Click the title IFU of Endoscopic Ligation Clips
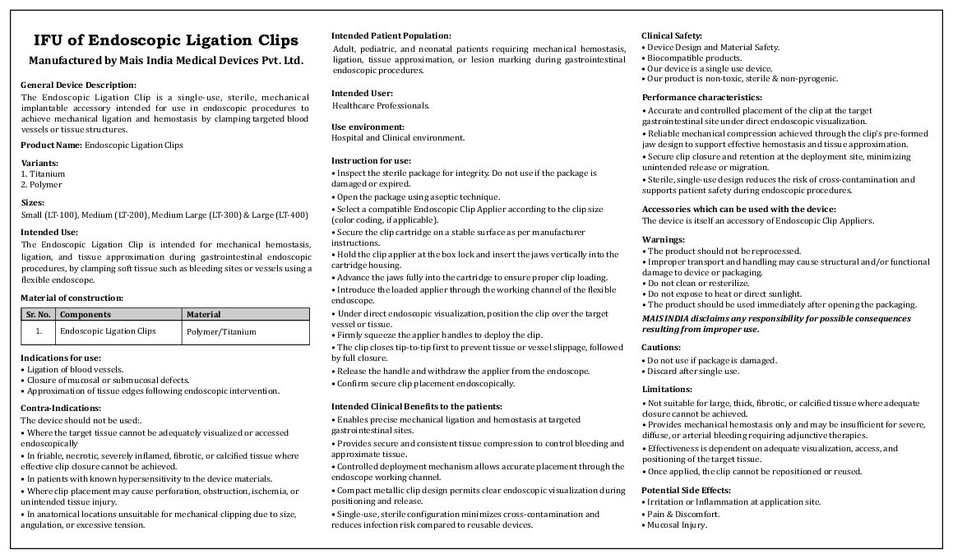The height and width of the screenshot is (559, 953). click(x=165, y=40)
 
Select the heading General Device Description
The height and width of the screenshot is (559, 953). click(x=78, y=85)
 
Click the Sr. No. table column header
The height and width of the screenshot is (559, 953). click(x=38, y=314)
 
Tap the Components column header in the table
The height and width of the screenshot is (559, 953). click(x=86, y=314)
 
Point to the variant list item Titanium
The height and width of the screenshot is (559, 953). click(x=45, y=174)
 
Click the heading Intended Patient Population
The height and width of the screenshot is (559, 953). click(x=391, y=35)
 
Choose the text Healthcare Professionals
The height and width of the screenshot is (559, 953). click(x=381, y=105)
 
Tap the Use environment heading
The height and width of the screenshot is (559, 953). click(x=368, y=127)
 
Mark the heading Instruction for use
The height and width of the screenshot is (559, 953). click(x=371, y=160)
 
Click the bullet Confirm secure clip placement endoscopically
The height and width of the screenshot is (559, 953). click(x=425, y=383)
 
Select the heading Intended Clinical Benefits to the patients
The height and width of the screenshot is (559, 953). click(x=416, y=406)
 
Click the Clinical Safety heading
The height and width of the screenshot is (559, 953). click(x=672, y=35)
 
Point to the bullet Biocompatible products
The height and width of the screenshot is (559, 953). click(x=695, y=58)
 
